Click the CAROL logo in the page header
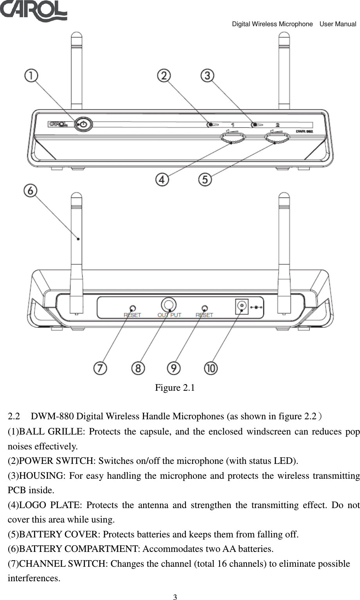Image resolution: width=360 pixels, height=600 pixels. coord(33,11)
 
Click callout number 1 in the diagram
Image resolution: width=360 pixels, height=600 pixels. coord(32,75)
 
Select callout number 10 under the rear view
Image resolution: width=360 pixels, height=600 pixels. coord(211,368)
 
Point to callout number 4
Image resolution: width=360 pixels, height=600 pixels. coord(162,180)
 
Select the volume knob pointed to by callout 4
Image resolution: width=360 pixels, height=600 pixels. coord(232,138)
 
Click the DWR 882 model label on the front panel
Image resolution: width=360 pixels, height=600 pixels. coord(304,132)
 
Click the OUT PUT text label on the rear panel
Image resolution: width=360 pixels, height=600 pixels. coord(169,315)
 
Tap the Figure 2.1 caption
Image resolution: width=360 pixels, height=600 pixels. coord(175,388)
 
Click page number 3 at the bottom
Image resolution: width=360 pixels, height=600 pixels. coord(175,597)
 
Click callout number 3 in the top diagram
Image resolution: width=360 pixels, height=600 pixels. coord(207,75)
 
